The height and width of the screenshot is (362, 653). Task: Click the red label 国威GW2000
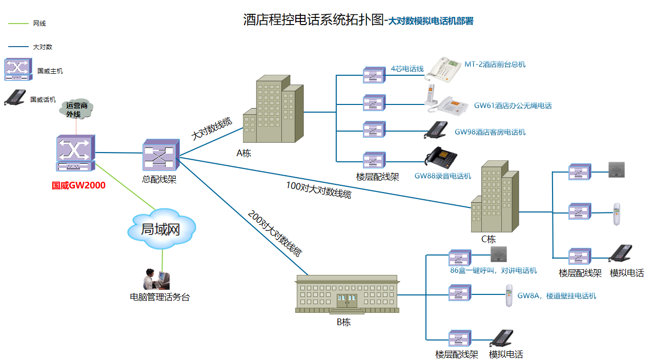click(78, 185)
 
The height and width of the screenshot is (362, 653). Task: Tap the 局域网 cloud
click(161, 228)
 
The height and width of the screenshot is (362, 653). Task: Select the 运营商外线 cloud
click(77, 109)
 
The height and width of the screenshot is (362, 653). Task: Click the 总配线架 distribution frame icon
click(160, 155)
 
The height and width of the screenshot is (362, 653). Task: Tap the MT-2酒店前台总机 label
click(495, 65)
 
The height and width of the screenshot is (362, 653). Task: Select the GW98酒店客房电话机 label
click(490, 132)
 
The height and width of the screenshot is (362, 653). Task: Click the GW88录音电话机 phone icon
click(441, 159)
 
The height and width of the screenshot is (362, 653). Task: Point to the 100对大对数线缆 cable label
click(318, 189)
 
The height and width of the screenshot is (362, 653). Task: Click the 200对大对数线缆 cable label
click(275, 233)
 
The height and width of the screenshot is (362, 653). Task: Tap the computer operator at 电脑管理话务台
click(156, 279)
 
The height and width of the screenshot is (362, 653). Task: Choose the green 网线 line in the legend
click(18, 24)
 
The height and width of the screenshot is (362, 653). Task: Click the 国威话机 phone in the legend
click(15, 97)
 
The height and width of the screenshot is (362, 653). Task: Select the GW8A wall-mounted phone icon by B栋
click(509, 295)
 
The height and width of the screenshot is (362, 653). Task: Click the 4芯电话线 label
click(407, 69)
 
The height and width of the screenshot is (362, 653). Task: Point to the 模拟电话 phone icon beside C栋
click(620, 254)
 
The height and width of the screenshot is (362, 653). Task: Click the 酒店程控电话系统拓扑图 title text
click(313, 20)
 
